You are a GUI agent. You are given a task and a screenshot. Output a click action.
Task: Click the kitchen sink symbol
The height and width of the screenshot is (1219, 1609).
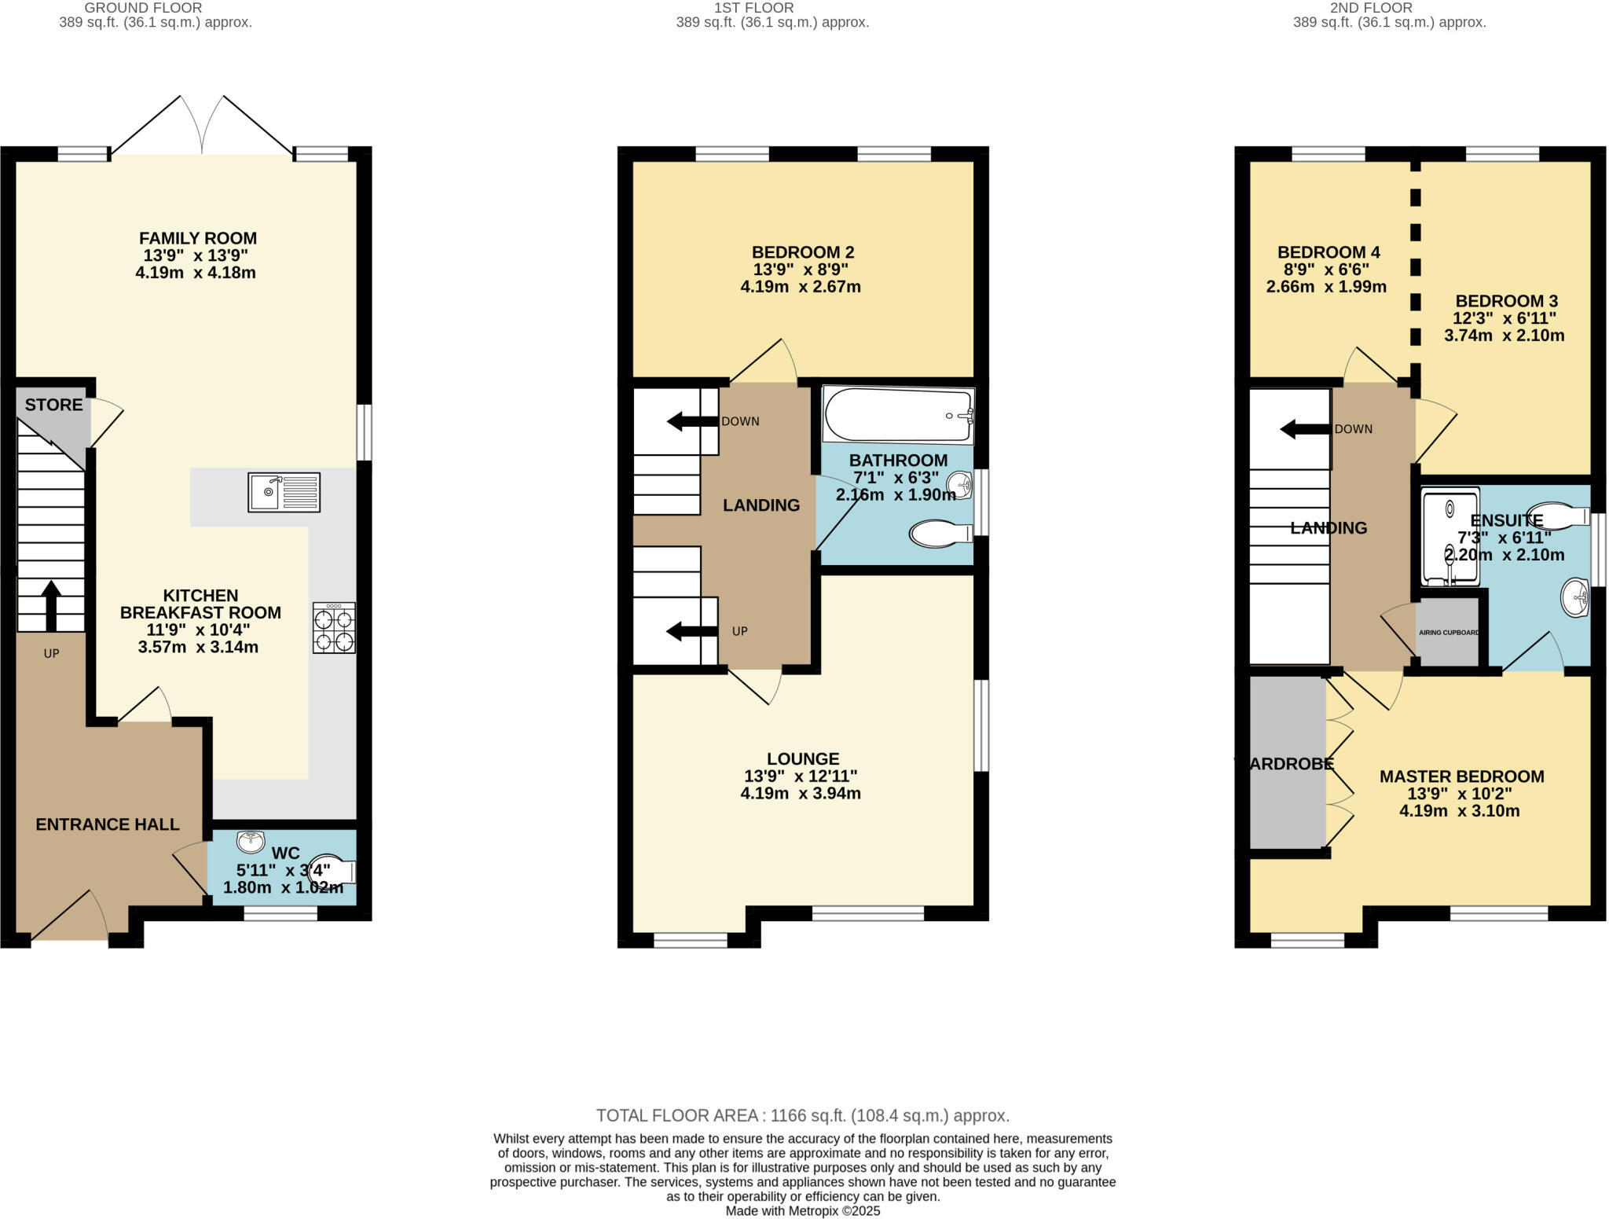pyautogui.click(x=284, y=492)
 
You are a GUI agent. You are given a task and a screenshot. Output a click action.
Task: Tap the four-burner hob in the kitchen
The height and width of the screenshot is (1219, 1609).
pyautogui.click(x=334, y=628)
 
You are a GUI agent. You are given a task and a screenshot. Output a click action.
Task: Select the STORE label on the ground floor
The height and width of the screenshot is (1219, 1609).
pyautogui.click(x=53, y=405)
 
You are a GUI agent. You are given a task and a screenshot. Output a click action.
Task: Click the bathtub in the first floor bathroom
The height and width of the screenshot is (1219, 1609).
pyautogui.click(x=898, y=415)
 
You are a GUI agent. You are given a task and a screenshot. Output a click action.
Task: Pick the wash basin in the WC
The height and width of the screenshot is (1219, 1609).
pyautogui.click(x=251, y=842)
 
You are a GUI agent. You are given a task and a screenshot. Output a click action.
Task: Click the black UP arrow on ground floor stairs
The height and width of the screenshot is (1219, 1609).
pyautogui.click(x=51, y=605)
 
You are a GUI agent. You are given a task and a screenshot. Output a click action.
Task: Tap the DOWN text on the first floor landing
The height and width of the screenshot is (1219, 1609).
pyautogui.click(x=740, y=421)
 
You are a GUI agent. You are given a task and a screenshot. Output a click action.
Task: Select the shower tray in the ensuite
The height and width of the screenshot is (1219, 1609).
pyautogui.click(x=1450, y=536)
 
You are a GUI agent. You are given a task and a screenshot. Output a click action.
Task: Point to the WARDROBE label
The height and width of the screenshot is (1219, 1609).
pyautogui.click(x=1285, y=763)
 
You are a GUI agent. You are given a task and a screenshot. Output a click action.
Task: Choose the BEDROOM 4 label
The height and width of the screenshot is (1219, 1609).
pyautogui.click(x=1329, y=252)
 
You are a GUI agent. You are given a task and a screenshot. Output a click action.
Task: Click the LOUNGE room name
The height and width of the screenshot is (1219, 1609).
pyautogui.click(x=803, y=758)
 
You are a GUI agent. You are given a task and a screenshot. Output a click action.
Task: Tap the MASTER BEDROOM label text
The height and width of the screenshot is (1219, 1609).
pyautogui.click(x=1461, y=777)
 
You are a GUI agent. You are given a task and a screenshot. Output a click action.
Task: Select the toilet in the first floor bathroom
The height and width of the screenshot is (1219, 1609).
pyautogui.click(x=940, y=534)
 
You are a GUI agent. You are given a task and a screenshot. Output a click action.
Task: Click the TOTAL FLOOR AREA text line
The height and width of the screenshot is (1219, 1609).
pyautogui.click(x=802, y=1115)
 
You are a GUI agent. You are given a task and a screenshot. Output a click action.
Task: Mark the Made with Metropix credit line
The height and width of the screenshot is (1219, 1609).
pyautogui.click(x=802, y=1211)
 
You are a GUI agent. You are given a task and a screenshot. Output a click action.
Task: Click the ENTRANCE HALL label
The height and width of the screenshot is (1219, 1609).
pyautogui.click(x=108, y=824)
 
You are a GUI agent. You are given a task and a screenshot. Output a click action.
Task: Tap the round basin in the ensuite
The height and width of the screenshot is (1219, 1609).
pyautogui.click(x=1575, y=598)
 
